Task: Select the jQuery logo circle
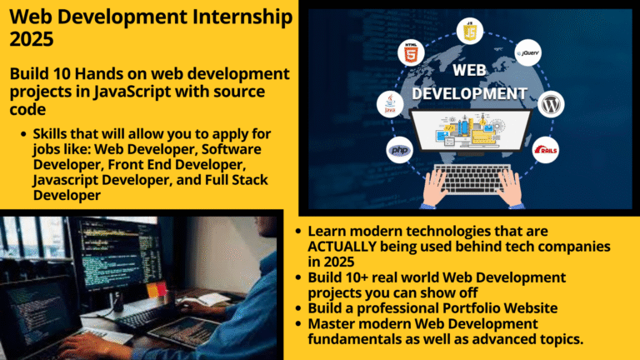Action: point(529,54)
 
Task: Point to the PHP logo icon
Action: point(400,151)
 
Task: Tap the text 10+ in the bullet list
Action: point(355,277)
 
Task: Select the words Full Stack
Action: point(245,181)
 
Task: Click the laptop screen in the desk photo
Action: point(37,312)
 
